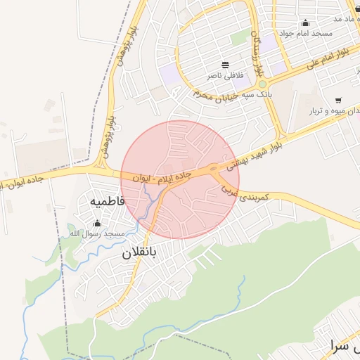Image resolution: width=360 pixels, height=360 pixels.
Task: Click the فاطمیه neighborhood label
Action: tap(107, 201)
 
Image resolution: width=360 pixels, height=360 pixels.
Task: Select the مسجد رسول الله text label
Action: tap(97, 233)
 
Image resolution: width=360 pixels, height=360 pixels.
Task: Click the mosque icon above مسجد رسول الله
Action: tap(97, 223)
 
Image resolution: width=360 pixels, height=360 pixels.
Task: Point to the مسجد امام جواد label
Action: tap(305, 33)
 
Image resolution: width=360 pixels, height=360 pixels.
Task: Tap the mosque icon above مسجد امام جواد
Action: tap(305, 22)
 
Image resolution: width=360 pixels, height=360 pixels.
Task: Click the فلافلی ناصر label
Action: tap(224, 75)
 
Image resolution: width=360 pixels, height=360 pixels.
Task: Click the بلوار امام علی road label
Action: tap(328, 59)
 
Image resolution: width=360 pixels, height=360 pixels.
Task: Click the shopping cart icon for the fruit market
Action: tap(339, 100)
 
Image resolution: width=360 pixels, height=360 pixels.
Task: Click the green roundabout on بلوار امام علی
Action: tap(262, 84)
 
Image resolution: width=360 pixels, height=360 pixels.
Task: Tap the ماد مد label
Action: tap(347, 18)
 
